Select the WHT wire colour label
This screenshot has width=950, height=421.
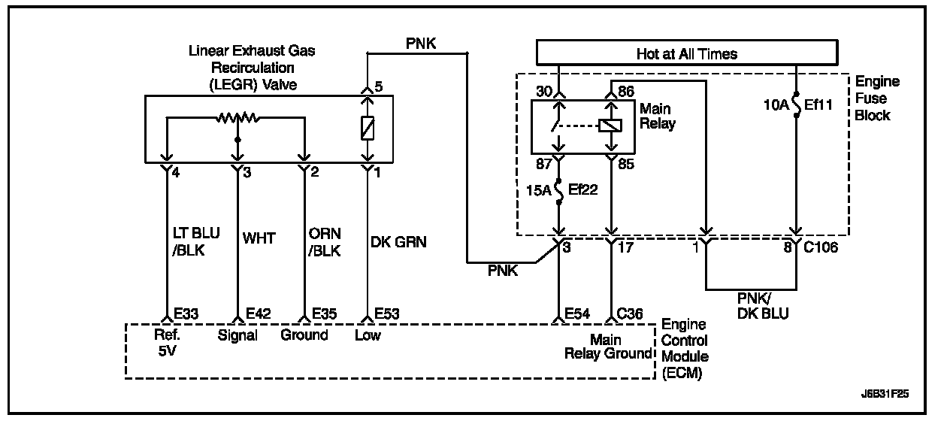(259, 238)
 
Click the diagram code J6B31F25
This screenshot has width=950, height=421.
(891, 393)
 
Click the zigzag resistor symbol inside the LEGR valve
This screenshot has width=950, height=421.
(237, 118)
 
